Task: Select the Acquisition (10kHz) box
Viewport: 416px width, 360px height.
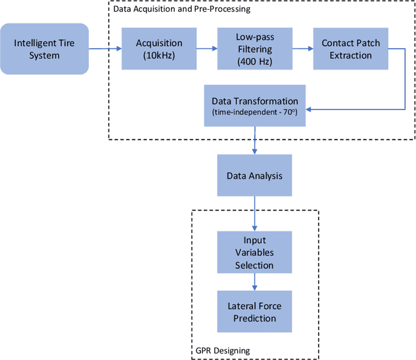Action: coord(159,49)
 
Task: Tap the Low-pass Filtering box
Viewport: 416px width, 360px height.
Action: coord(254,49)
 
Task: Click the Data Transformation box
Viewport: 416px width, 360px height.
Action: coord(255,106)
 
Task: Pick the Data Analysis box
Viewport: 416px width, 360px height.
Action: coord(254,175)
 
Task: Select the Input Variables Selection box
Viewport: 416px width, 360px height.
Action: coord(254,253)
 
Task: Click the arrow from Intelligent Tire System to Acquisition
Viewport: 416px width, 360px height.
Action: coord(105,49)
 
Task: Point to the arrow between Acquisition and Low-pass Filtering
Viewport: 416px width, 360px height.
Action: coord(206,49)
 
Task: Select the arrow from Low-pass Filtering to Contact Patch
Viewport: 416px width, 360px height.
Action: coord(302,49)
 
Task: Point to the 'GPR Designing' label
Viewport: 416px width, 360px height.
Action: coord(224,350)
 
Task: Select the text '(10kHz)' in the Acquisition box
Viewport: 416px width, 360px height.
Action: coord(159,55)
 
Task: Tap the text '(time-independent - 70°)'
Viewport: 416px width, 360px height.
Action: coord(255,112)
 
